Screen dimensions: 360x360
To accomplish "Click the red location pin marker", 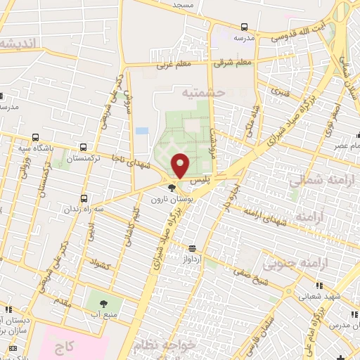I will click(x=181, y=165).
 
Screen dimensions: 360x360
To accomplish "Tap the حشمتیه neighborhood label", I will click(x=205, y=92).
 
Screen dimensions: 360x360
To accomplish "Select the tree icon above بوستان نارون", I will click(x=172, y=187).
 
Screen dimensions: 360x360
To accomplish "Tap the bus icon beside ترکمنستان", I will click(x=84, y=148).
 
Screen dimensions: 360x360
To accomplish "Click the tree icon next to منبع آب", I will click(x=104, y=304).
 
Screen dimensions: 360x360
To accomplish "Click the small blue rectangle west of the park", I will click(x=142, y=131).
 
